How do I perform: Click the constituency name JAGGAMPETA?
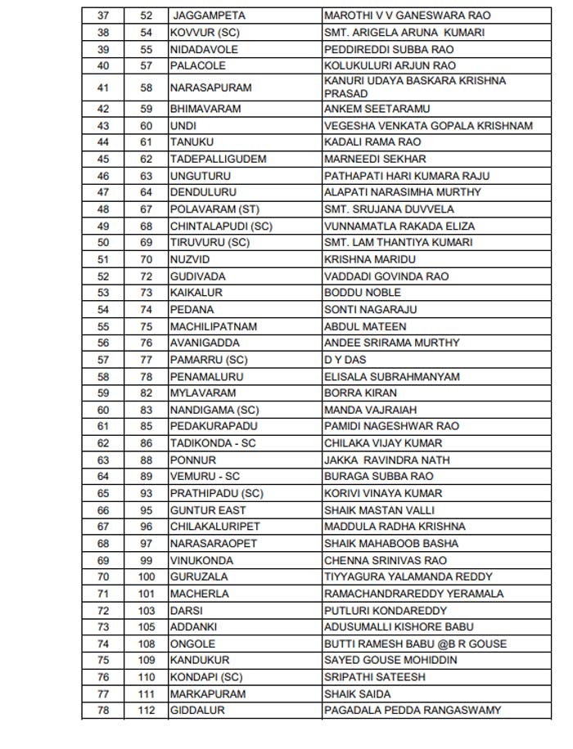(x=209, y=16)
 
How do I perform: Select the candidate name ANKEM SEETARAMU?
(x=377, y=109)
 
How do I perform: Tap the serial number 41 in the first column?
(x=103, y=87)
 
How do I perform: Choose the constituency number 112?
(x=147, y=711)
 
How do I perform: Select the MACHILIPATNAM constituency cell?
(x=214, y=326)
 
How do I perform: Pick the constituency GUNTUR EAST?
(x=208, y=510)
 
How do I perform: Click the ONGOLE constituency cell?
(x=192, y=644)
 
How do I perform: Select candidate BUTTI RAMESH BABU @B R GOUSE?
(x=415, y=644)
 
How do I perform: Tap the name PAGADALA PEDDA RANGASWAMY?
(x=412, y=711)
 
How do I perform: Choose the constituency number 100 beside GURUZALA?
(x=147, y=577)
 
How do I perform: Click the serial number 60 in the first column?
(x=103, y=410)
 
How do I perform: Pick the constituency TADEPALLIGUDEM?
(x=218, y=159)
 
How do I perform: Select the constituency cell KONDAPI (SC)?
(x=206, y=677)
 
